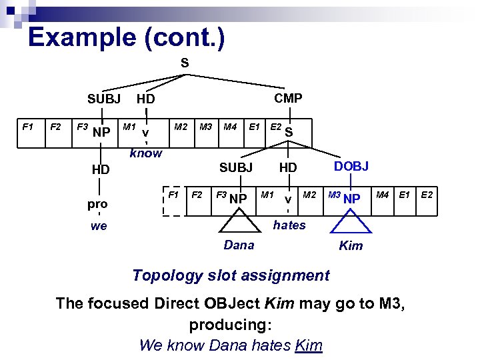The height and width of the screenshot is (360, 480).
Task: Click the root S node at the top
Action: [x=185, y=63]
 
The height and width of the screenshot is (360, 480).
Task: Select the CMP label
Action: [x=288, y=98]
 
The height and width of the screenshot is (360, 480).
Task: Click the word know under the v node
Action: [x=146, y=153]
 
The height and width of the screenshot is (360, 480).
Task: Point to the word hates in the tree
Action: [x=289, y=225]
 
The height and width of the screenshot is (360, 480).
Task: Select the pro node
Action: [x=97, y=203]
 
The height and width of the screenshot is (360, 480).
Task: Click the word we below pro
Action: [x=99, y=226]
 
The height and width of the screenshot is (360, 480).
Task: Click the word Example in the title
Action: [x=82, y=37]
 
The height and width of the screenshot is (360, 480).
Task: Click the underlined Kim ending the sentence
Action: [x=308, y=345]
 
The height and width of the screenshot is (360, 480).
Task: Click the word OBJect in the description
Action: [x=230, y=304]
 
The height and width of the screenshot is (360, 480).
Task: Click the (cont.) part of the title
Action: [x=185, y=37]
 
